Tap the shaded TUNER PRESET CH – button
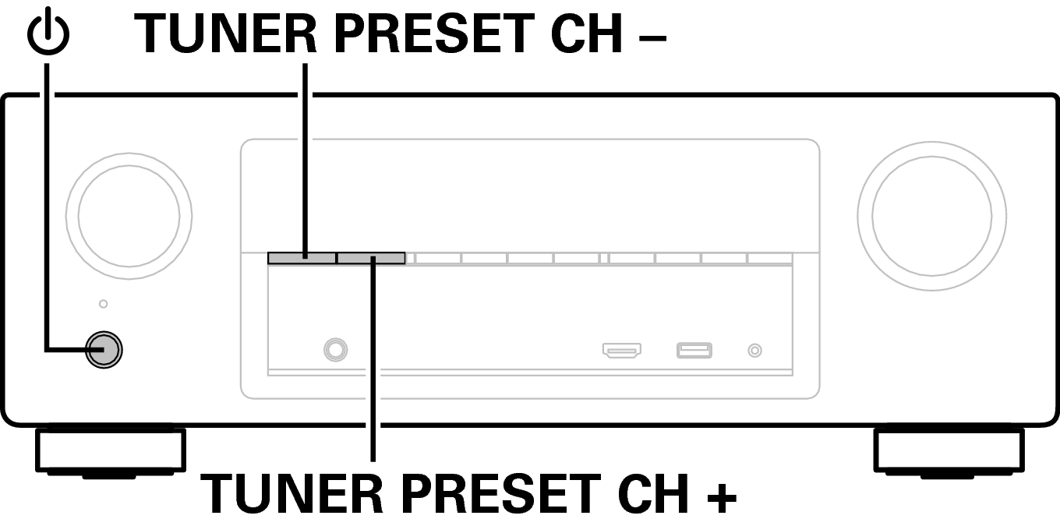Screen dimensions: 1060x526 point(302,258)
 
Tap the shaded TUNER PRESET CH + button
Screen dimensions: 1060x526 point(371,258)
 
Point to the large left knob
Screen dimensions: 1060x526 point(129,216)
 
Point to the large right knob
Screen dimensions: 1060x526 point(931,216)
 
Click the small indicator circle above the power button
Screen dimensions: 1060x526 point(103,304)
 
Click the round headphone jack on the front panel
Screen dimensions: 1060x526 point(335,350)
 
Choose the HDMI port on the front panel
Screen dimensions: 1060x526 point(622,351)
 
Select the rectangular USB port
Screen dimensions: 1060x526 point(694,351)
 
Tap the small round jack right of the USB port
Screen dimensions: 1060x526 point(754,351)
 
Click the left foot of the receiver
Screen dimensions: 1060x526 point(110,453)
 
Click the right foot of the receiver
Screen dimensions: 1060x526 point(949,453)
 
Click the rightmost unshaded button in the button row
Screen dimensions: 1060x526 point(770,258)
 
